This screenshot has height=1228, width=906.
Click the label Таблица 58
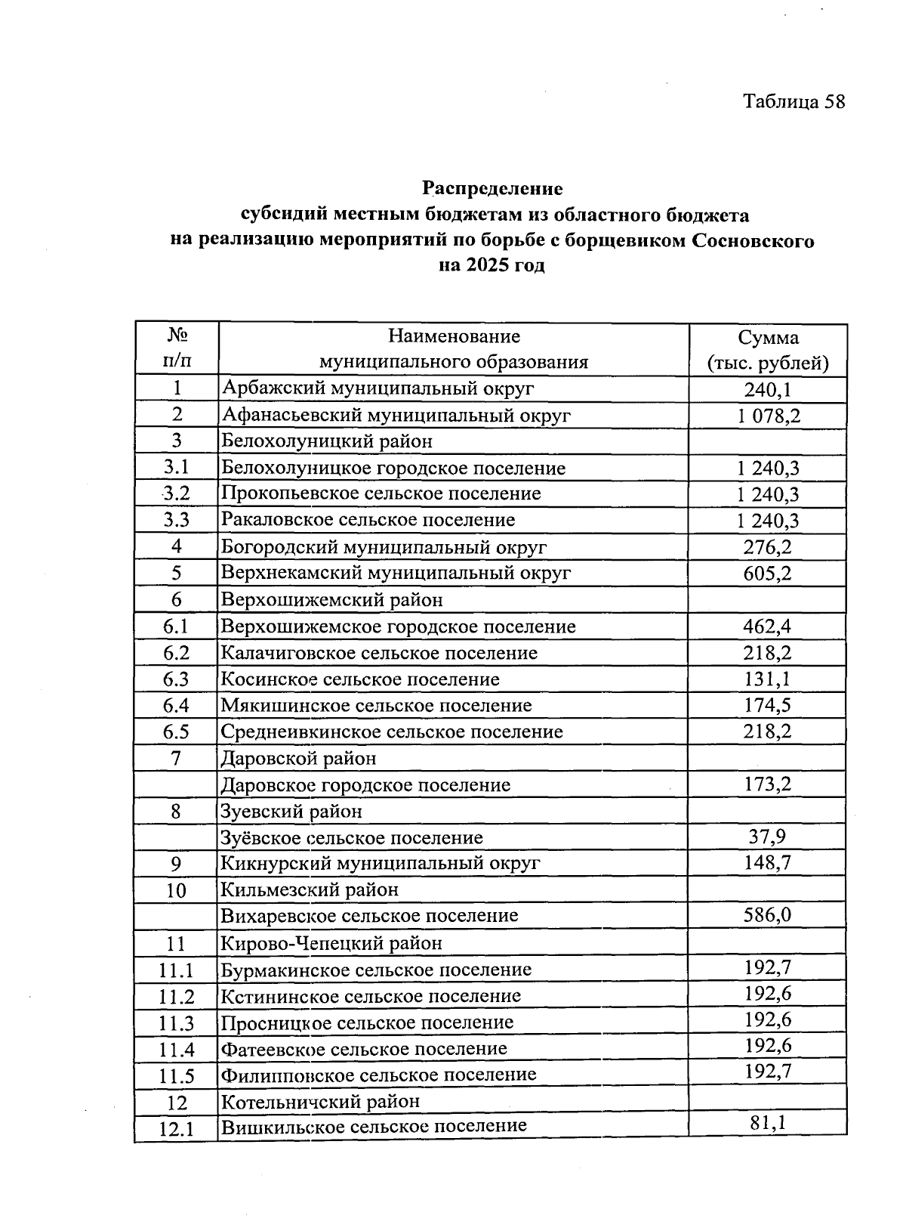(x=794, y=101)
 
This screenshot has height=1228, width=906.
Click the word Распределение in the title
(x=492, y=187)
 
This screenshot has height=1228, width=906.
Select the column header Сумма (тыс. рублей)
(x=767, y=350)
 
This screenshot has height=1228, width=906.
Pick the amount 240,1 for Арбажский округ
(x=767, y=389)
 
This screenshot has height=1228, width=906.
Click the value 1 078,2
(x=767, y=415)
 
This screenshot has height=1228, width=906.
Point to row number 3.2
(x=176, y=493)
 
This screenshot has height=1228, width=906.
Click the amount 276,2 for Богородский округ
(x=767, y=547)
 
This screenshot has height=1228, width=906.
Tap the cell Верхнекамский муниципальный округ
(x=396, y=573)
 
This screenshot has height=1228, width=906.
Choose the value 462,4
(x=767, y=626)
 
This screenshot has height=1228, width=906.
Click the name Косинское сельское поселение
(x=359, y=679)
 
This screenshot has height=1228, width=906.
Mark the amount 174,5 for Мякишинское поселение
(x=767, y=705)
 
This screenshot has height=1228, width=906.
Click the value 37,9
(x=767, y=837)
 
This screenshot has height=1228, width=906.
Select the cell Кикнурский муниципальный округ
(x=381, y=863)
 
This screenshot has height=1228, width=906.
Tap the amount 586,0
(x=767, y=915)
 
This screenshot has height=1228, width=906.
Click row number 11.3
(x=176, y=1023)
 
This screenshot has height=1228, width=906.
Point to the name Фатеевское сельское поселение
(x=363, y=1049)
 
